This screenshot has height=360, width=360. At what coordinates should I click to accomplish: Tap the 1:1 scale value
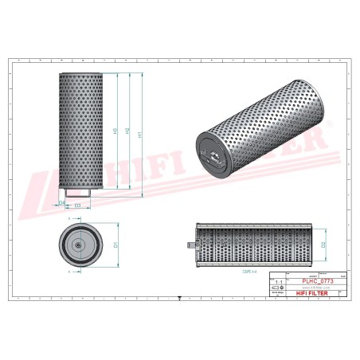pos(276,282)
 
